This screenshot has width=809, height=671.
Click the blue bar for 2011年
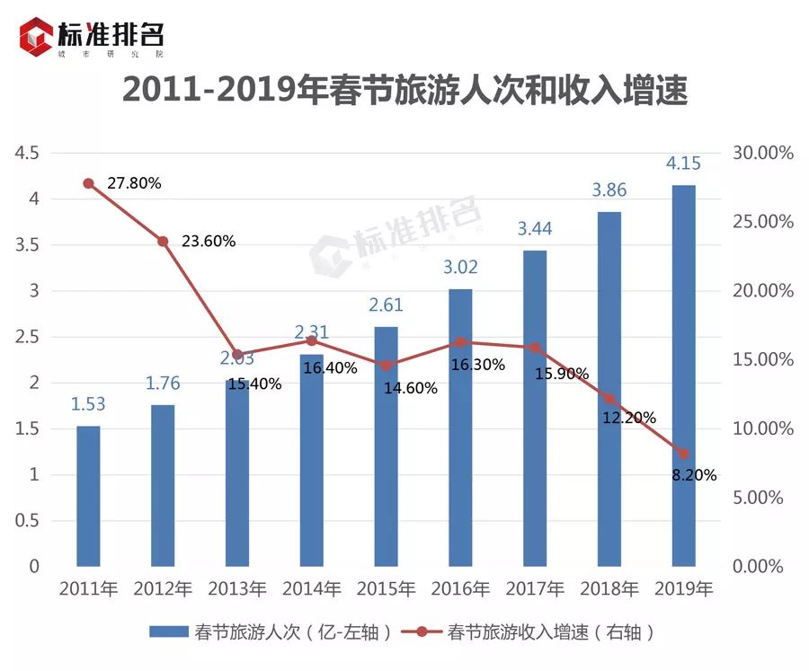coord(88,496)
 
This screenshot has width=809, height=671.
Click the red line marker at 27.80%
coord(88,183)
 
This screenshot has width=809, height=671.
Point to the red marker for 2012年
coord(163,241)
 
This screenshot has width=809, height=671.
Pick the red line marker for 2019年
coord(683,454)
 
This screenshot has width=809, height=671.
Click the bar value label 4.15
coord(683,163)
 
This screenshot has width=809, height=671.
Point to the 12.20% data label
coord(628,418)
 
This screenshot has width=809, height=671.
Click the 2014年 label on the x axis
coord(312,590)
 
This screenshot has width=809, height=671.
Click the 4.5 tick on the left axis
coord(26,153)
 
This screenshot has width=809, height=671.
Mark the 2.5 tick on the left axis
coord(26,337)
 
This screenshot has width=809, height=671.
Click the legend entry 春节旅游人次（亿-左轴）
coord(271,632)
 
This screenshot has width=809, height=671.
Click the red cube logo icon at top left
coord(37,37)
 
